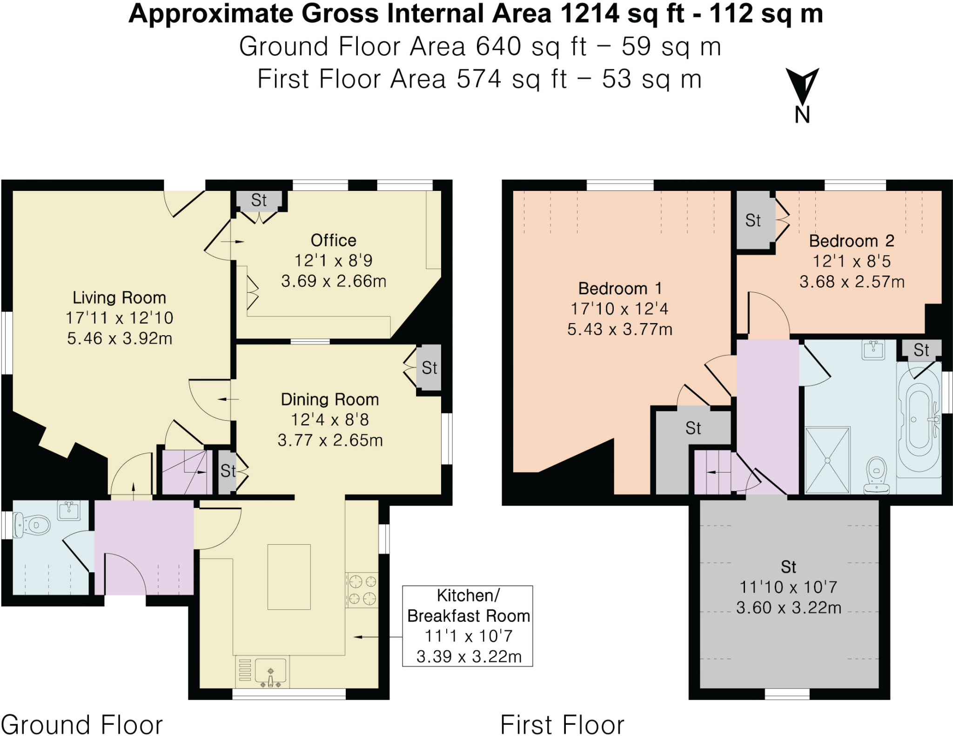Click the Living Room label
click(119, 297)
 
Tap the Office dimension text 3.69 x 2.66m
click(334, 281)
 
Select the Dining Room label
click(329, 399)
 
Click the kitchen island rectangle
click(289, 577)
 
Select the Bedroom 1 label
click(619, 289)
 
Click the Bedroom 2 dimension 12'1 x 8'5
click(851, 262)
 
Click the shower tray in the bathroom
click(827, 460)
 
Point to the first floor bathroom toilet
click(877, 474)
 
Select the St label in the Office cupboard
click(259, 201)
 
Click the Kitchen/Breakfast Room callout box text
click(468, 626)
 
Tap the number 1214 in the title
click(590, 14)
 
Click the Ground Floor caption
click(82, 724)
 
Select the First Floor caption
click(562, 724)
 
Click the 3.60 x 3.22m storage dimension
click(788, 608)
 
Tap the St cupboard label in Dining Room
click(429, 368)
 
